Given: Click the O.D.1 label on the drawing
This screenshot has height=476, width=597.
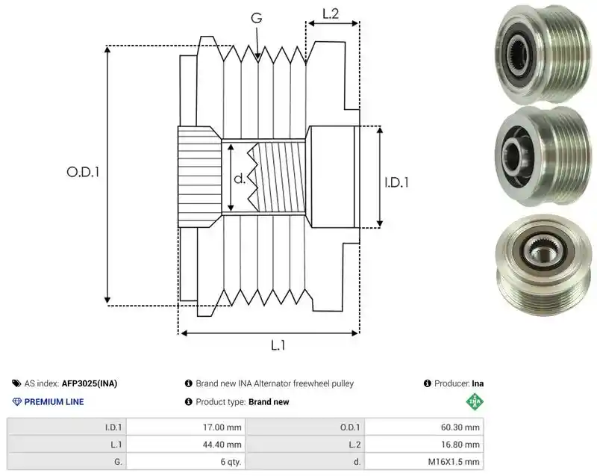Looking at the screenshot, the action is [83, 173].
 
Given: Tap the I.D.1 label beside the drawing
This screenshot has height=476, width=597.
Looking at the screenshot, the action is [397, 182].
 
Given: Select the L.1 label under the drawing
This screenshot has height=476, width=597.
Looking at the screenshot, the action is [278, 345].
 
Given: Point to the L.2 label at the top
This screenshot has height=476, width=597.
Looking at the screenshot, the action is [331, 13].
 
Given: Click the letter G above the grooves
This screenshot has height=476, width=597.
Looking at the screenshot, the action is [257, 18].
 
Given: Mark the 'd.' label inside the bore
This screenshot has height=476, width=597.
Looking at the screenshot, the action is [240, 179].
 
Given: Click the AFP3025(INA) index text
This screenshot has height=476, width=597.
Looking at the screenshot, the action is [90, 383].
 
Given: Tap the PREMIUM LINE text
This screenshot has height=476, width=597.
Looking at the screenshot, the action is [54, 402].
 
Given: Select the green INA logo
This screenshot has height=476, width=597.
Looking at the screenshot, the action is [475, 402].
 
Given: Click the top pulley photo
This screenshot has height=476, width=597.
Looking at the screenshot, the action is [543, 53].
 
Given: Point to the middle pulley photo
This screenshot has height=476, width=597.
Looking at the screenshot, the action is [543, 156].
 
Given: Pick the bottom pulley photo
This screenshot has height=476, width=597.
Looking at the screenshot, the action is [543, 265].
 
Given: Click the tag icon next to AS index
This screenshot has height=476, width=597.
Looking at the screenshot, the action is [16, 383].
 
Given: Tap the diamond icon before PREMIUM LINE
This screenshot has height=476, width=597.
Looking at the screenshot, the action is [16, 402].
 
